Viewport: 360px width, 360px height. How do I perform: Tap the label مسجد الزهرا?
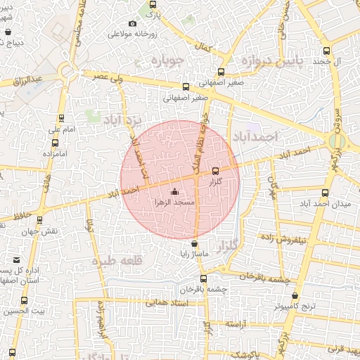tap(174, 202)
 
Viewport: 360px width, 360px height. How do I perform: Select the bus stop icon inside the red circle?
tap(215, 171)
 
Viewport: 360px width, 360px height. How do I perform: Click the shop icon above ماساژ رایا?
tap(195, 243)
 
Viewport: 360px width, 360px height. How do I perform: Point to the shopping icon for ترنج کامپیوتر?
tap(295, 295)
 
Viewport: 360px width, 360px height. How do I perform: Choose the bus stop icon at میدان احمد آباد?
tap(325, 193)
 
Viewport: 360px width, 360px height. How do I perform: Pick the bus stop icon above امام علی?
tap(61, 118)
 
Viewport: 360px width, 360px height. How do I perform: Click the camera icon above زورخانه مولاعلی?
tap(132, 24)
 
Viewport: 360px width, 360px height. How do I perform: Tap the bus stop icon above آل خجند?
tap(326, 51)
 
